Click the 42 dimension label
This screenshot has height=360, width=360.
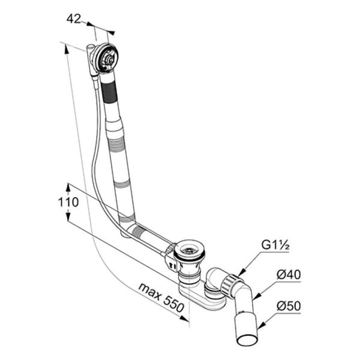coord(74,19)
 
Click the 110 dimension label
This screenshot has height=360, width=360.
coord(68,202)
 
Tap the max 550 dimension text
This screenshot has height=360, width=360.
coord(161,298)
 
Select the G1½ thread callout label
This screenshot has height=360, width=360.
coord(275,245)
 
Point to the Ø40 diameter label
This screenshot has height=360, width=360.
coord(289,275)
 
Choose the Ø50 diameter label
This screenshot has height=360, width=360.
coord(289,306)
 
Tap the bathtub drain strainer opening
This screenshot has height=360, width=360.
coord(189,250)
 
